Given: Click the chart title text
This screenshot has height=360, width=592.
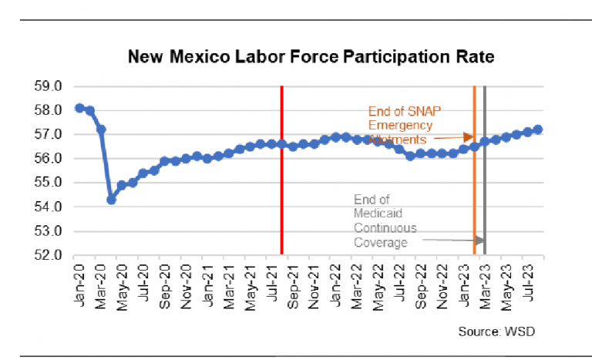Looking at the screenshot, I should point(311,57).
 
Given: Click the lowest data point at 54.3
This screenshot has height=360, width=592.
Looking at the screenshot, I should point(111,200).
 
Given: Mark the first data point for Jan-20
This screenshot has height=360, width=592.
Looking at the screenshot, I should point(79,108).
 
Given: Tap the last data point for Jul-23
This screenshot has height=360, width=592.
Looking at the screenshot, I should point(537,130).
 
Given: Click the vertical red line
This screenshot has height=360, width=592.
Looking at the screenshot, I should point(282,170).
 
